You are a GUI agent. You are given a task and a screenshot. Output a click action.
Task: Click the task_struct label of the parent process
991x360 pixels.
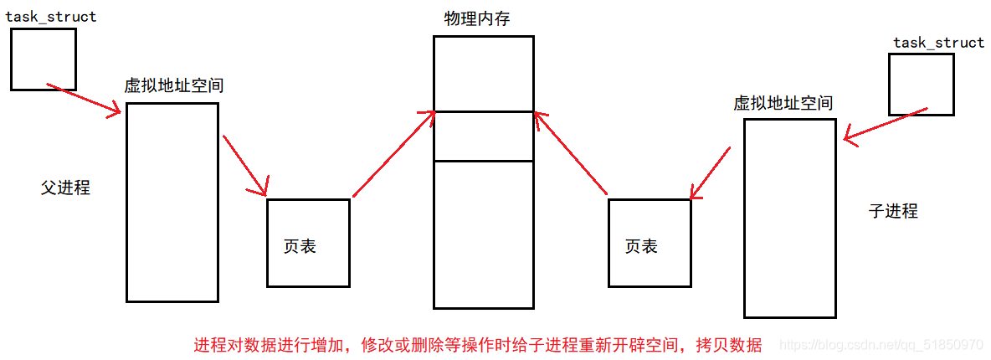(51, 17)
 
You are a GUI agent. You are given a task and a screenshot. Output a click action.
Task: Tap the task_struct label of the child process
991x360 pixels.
(938, 43)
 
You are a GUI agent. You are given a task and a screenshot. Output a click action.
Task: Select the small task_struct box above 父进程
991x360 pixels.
(43, 59)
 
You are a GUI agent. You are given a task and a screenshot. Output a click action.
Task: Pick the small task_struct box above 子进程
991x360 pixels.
(921, 84)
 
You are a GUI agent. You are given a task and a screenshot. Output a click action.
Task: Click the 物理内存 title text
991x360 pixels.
(477, 18)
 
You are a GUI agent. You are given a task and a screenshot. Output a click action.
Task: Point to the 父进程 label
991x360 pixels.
(65, 188)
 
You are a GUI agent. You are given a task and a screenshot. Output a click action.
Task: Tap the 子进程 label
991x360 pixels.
(893, 211)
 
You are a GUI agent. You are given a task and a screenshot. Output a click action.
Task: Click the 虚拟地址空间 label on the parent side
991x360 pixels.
(173, 85)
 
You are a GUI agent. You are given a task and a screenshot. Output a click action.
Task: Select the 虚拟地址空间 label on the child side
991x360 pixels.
(783, 103)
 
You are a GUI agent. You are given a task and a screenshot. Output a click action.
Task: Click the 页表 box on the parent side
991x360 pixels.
(308, 242)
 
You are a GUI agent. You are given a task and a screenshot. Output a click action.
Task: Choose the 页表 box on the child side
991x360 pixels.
(650, 242)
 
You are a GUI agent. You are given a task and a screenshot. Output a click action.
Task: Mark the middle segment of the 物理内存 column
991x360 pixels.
(483, 136)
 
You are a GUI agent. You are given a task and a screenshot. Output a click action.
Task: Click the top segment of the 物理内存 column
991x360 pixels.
(483, 73)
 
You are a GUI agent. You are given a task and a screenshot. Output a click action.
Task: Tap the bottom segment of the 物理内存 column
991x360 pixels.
(483, 234)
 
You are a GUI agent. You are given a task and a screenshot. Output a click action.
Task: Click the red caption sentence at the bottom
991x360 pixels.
(477, 345)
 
